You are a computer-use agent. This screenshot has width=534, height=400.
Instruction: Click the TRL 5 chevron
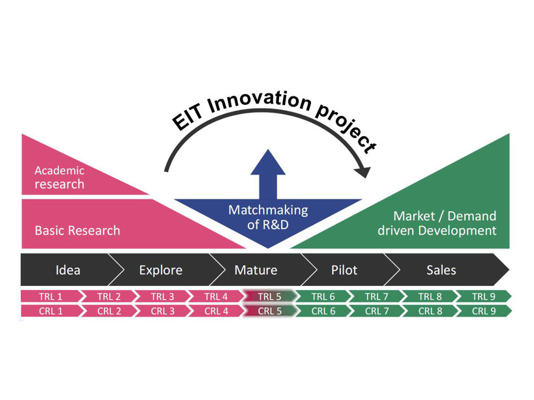(269, 296)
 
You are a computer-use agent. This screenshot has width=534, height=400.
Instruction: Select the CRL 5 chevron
(269, 311)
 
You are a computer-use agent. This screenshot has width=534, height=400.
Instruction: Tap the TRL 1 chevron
(51, 296)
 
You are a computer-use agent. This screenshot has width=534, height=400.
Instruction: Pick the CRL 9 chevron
(484, 311)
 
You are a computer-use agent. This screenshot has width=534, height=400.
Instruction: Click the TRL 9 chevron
(484, 296)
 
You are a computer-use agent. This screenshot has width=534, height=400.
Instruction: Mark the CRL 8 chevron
(430, 311)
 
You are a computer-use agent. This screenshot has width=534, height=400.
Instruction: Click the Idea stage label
(68, 270)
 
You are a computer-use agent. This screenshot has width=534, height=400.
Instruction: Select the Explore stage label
(160, 270)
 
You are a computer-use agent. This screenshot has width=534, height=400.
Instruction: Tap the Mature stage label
(256, 270)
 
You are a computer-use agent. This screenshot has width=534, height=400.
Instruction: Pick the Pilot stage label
(344, 270)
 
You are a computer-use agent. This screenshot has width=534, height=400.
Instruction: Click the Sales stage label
(441, 270)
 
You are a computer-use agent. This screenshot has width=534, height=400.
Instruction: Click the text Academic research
(59, 177)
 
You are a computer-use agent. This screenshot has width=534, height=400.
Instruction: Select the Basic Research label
(77, 230)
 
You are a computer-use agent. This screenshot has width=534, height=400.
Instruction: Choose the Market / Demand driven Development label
(445, 223)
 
